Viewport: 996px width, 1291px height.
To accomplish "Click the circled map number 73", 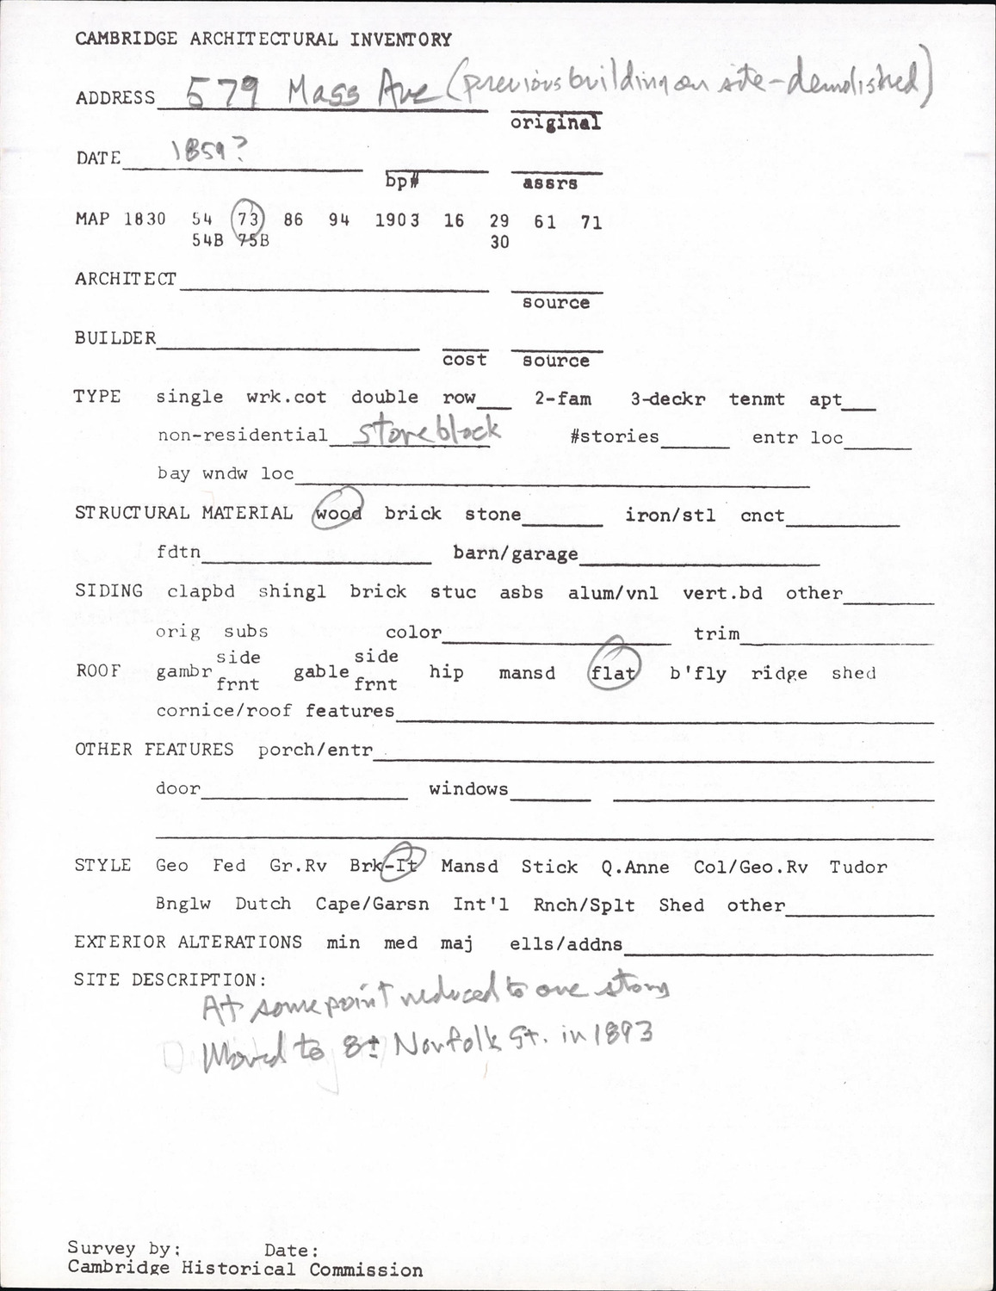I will [x=248, y=219].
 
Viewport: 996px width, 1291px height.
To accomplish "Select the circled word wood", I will [x=337, y=514].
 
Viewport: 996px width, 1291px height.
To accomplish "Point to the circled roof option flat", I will [x=614, y=673].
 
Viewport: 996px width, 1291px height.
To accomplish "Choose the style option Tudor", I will [x=857, y=867].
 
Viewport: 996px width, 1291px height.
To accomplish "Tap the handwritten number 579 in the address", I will [x=221, y=92].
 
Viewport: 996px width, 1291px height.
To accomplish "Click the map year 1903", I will [x=397, y=220].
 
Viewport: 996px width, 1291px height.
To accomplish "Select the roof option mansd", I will [x=527, y=673].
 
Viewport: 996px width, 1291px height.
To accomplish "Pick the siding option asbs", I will [x=521, y=593].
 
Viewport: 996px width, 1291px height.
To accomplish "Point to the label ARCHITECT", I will [x=126, y=279].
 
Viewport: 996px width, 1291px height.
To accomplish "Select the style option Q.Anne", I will [x=635, y=867].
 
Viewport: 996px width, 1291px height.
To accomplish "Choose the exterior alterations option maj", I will [x=456, y=943].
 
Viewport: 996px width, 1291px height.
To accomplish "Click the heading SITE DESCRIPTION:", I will [x=170, y=980].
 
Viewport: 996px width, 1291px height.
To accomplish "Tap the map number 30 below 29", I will [x=499, y=243].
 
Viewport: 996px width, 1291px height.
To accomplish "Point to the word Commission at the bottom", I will [x=366, y=1269].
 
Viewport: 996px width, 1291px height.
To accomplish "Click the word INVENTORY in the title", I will [x=400, y=40].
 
